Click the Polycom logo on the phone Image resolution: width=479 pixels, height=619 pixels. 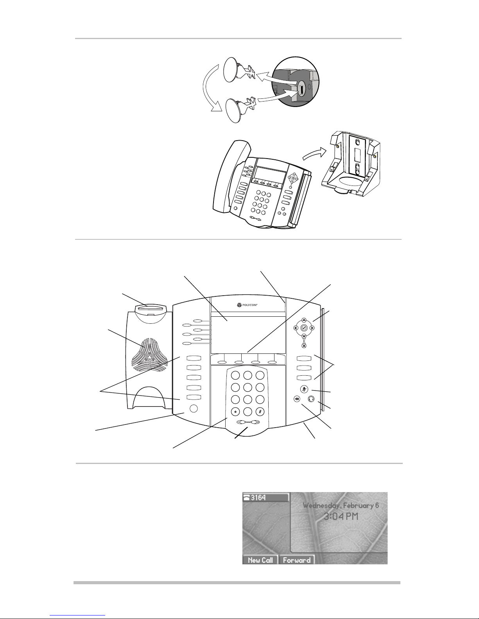(x=247, y=305)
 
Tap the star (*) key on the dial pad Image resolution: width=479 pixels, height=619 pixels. (x=235, y=412)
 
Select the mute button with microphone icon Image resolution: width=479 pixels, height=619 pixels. (x=304, y=389)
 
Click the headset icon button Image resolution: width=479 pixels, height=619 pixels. (x=311, y=399)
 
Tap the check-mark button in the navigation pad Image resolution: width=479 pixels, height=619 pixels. (x=304, y=328)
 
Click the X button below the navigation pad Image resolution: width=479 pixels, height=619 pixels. (x=304, y=346)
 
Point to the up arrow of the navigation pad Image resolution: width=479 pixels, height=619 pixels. (x=304, y=320)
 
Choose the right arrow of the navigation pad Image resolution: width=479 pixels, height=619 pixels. (x=312, y=328)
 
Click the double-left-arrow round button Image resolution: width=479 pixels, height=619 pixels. (x=297, y=400)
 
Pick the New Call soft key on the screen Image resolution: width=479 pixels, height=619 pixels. (x=260, y=560)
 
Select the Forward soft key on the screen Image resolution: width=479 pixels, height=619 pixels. (x=296, y=560)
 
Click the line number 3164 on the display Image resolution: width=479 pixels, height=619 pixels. (x=258, y=498)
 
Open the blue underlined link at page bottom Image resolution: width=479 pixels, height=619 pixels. (x=77, y=615)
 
